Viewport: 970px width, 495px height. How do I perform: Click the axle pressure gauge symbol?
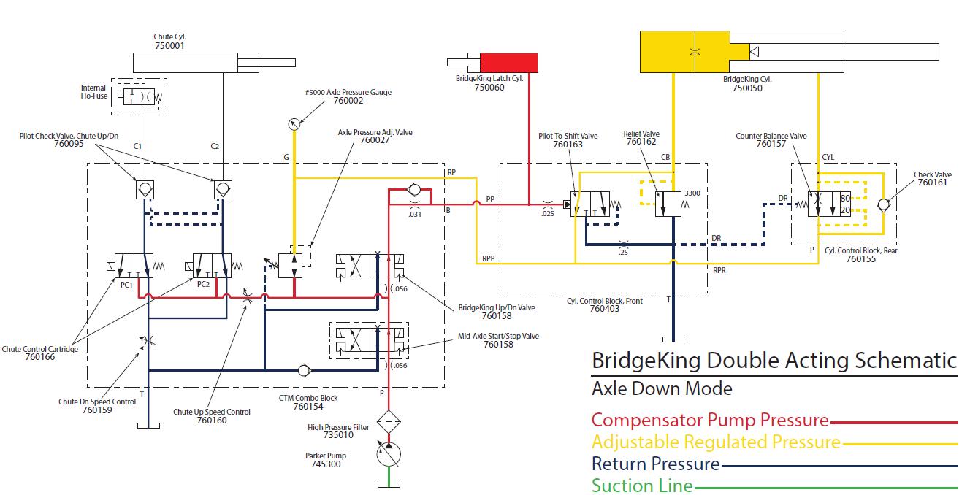(x=294, y=124)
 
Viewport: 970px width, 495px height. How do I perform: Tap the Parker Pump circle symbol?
(x=389, y=454)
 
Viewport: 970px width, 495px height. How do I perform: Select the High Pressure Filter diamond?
(x=389, y=421)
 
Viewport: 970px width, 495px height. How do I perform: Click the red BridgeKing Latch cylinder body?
(x=509, y=63)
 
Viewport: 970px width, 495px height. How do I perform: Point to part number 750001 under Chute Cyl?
(x=169, y=46)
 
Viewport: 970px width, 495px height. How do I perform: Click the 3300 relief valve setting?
(x=692, y=193)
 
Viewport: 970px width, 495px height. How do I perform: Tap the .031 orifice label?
(x=415, y=214)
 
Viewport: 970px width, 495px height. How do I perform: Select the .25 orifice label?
(x=623, y=253)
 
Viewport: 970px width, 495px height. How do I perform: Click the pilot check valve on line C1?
(x=145, y=190)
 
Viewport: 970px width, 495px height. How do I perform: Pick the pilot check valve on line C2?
(x=223, y=190)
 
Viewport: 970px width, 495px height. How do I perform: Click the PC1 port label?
(x=126, y=285)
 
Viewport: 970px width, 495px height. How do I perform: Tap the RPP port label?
(x=489, y=258)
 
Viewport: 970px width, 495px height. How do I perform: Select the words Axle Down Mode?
(x=662, y=388)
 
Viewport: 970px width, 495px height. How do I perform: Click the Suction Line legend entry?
(x=642, y=486)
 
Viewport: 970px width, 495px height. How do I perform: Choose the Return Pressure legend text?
(x=656, y=464)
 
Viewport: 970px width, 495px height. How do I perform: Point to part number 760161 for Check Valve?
(x=932, y=183)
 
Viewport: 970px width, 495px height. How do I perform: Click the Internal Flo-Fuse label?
(x=93, y=92)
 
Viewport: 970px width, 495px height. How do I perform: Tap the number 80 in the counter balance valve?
(x=845, y=198)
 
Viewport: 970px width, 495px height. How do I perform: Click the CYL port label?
(x=828, y=157)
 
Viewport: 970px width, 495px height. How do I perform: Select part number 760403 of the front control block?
(x=605, y=309)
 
